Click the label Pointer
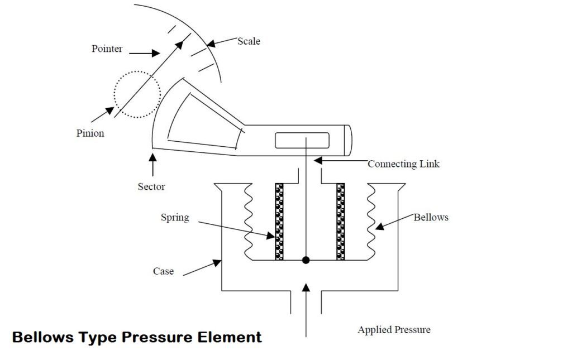point(107,49)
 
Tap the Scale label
point(249,41)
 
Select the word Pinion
point(90,133)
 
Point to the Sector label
point(151,186)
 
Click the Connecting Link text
point(403,164)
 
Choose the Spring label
point(175,217)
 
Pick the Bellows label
point(431,217)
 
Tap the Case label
point(163,271)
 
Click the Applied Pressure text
point(394,330)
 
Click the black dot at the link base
point(306,260)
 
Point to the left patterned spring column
point(279,222)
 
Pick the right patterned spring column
point(340,222)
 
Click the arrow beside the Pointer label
point(144,54)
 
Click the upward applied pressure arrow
point(306,310)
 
